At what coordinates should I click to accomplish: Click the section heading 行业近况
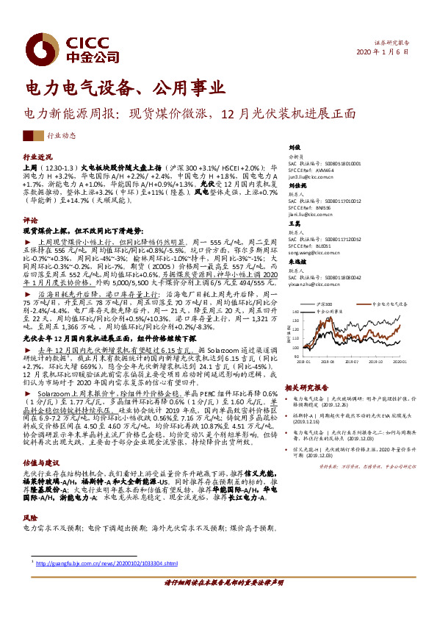pyautogui.click(x=38, y=157)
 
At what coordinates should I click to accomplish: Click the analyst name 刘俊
pyautogui.click(x=294, y=148)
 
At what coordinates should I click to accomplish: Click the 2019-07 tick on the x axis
pyautogui.click(x=352, y=362)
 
